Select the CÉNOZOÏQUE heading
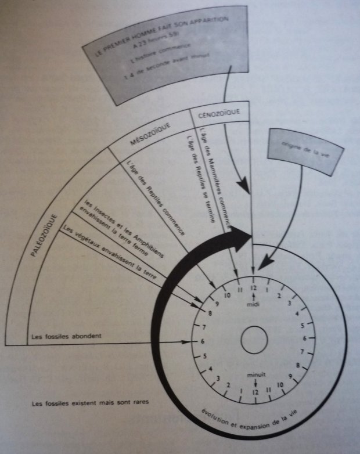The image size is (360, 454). click(x=219, y=113)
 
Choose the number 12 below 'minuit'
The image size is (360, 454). click(x=254, y=392)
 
